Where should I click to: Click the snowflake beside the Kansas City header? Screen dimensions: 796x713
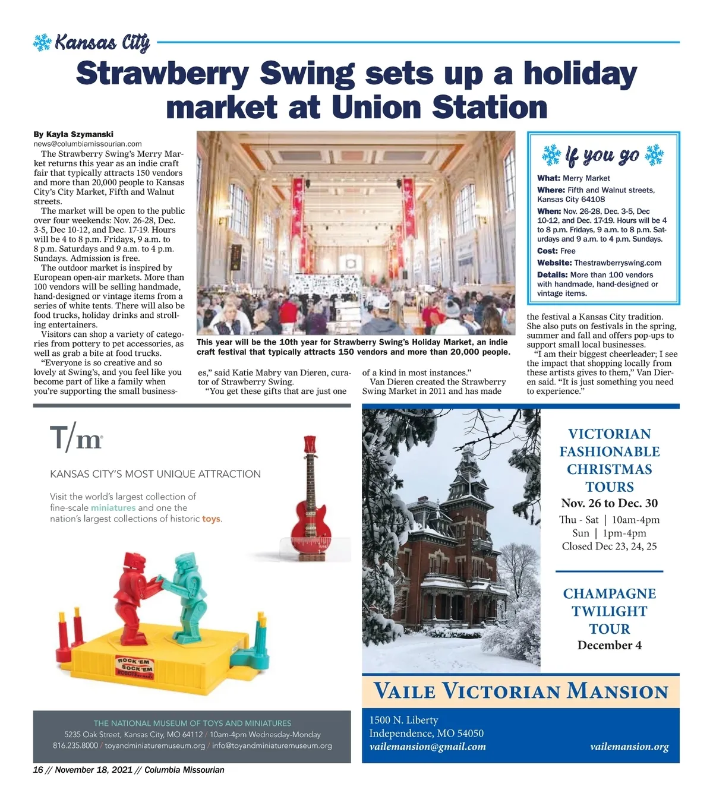42,43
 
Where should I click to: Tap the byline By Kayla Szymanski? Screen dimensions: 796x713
73,134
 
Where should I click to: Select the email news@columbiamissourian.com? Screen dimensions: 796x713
87,144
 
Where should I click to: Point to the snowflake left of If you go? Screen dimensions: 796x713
551,155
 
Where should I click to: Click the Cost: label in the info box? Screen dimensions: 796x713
547,251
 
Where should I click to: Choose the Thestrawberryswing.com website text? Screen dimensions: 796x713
617,263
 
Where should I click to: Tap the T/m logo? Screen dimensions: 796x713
76,438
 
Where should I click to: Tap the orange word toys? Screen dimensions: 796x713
211,519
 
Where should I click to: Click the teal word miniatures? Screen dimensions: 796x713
113,508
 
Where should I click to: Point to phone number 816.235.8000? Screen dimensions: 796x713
75,746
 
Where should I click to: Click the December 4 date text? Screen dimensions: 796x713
609,646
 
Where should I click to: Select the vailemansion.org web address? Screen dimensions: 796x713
629,747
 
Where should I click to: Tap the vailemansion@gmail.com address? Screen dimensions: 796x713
427,747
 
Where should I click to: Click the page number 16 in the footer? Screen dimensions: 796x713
38,770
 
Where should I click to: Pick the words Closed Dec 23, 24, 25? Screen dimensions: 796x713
609,547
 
